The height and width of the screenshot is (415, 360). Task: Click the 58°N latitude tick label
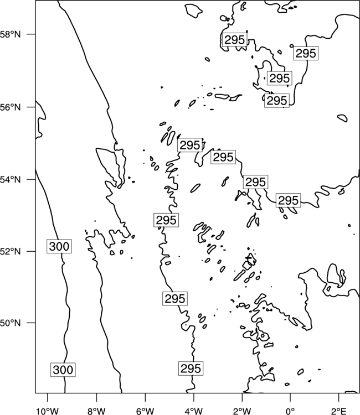click(x=10, y=34)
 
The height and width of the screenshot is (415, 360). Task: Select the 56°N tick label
click(x=10, y=107)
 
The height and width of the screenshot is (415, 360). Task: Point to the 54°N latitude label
click(x=10, y=180)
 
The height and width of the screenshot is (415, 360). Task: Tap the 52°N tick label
click(x=10, y=251)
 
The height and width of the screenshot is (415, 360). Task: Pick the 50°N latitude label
click(x=10, y=323)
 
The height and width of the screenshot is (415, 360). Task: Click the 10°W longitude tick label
click(x=48, y=411)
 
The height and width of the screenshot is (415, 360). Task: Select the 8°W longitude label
click(x=96, y=411)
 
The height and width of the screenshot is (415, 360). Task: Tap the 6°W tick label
click(x=145, y=411)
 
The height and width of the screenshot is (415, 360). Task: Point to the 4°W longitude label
click(x=194, y=411)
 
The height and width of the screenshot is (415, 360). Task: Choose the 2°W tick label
click(x=242, y=411)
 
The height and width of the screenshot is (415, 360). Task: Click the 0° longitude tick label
click(x=290, y=411)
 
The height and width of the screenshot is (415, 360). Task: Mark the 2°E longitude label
click(x=339, y=411)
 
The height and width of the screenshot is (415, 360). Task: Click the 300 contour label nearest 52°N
click(x=59, y=246)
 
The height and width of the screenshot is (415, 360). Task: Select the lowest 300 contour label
click(x=63, y=370)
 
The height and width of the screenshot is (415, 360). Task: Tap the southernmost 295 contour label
click(x=191, y=368)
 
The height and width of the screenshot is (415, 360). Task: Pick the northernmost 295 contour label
click(x=235, y=40)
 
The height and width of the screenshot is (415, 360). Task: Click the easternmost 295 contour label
click(x=306, y=53)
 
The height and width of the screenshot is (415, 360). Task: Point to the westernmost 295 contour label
click(x=166, y=220)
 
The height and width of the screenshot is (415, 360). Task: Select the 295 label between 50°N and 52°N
click(x=175, y=299)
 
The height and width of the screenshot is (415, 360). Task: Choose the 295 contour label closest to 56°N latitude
click(x=277, y=101)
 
